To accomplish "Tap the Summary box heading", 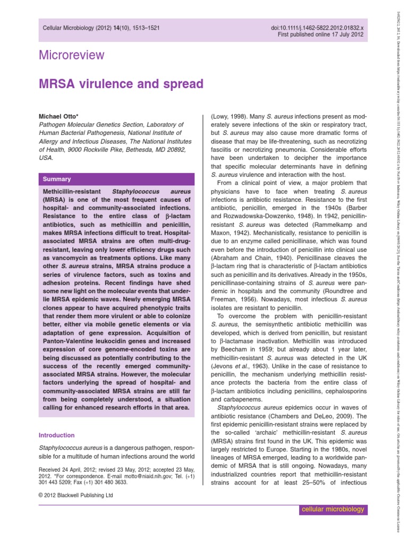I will click(57, 179).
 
